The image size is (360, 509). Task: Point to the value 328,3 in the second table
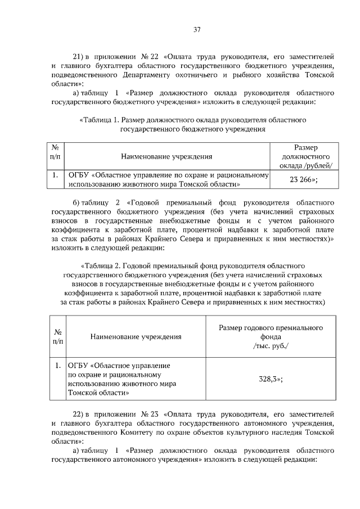coord(269,379)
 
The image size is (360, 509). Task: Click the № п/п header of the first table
coord(56,151)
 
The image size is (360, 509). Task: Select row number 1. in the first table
coord(55,175)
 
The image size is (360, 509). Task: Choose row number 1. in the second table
coord(58,366)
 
